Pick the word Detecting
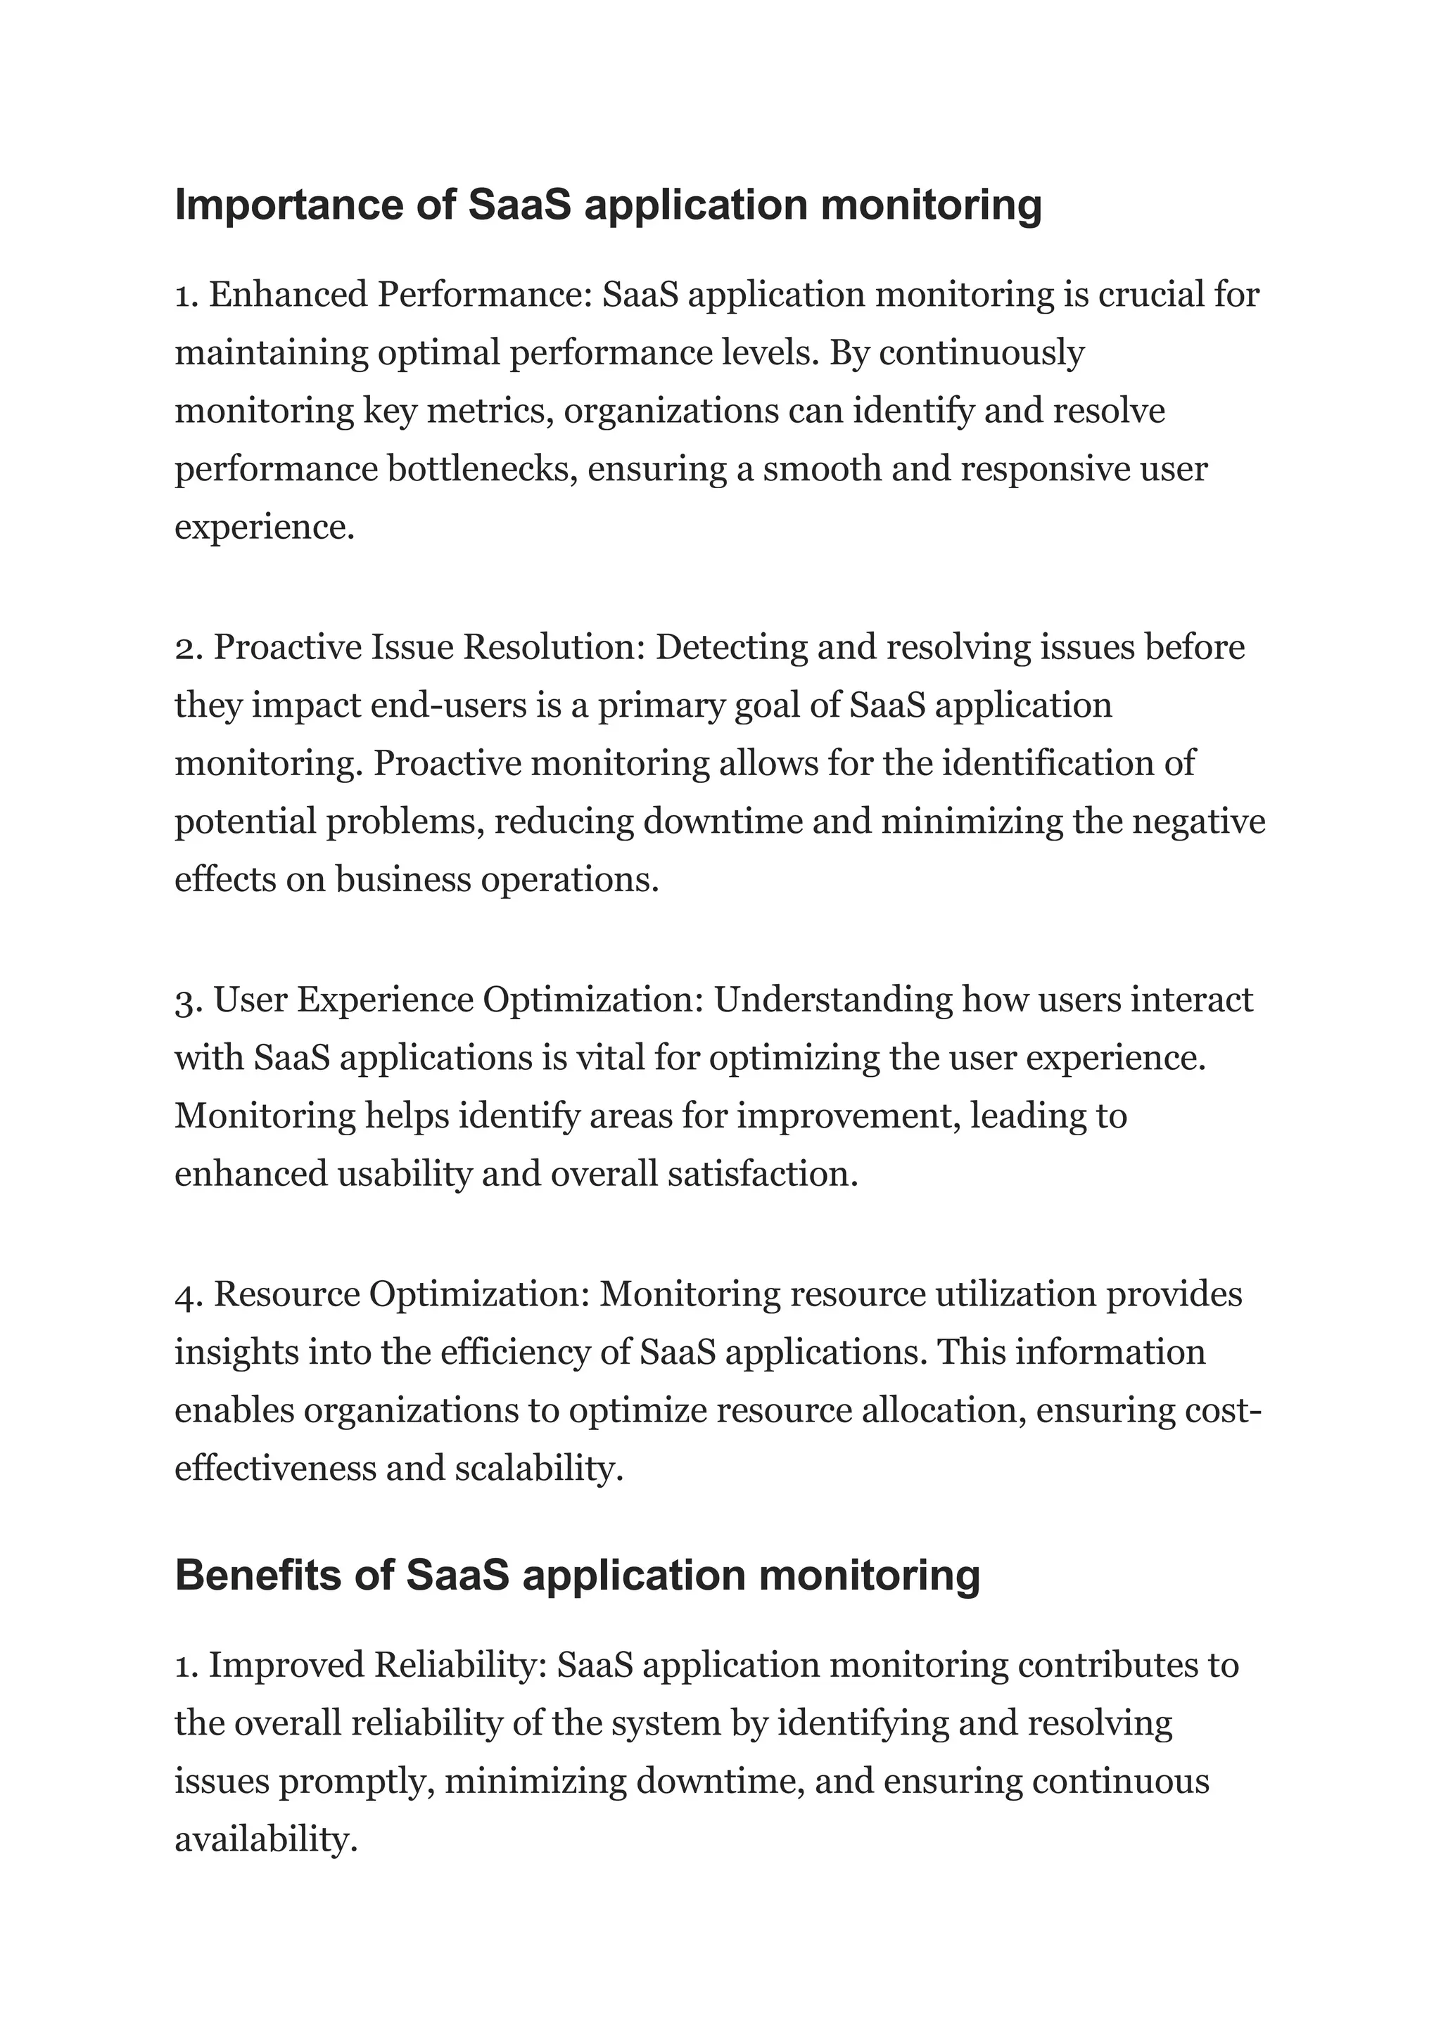(731, 647)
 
